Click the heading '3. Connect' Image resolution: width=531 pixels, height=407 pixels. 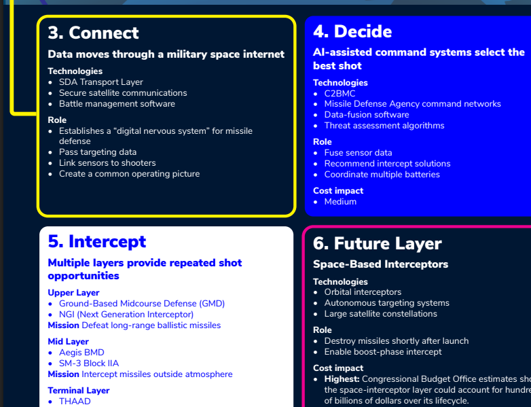pos(93,33)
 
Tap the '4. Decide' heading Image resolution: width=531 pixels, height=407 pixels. pos(352,31)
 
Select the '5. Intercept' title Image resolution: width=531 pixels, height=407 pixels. pos(97,242)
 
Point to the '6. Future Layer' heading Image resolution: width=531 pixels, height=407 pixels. pos(378,243)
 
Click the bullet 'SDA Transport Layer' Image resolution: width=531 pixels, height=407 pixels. pos(101,82)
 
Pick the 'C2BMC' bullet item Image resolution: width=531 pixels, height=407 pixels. pos(340,94)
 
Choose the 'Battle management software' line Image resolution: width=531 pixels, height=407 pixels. pos(117,104)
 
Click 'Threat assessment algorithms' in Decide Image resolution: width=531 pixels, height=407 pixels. pos(384,126)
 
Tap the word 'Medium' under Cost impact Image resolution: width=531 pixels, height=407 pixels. pos(340,202)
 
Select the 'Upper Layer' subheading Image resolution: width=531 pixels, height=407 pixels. pos(73,292)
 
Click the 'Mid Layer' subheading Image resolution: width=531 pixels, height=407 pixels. pos(68,342)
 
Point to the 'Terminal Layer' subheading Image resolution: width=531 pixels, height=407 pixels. pos(79,391)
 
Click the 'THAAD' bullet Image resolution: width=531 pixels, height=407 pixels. pos(75,402)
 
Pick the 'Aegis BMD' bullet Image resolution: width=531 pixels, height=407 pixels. pos(81,353)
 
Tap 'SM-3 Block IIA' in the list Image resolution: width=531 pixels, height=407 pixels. pos(89,364)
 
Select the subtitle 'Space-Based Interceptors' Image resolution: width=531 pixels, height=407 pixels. pos(380,264)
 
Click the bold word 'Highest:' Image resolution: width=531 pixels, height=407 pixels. pos(342,379)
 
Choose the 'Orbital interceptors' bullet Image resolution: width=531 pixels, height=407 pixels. pos(363,292)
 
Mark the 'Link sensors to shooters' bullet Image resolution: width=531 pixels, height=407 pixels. pos(107,163)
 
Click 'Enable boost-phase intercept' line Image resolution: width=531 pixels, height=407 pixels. pos(383,352)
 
